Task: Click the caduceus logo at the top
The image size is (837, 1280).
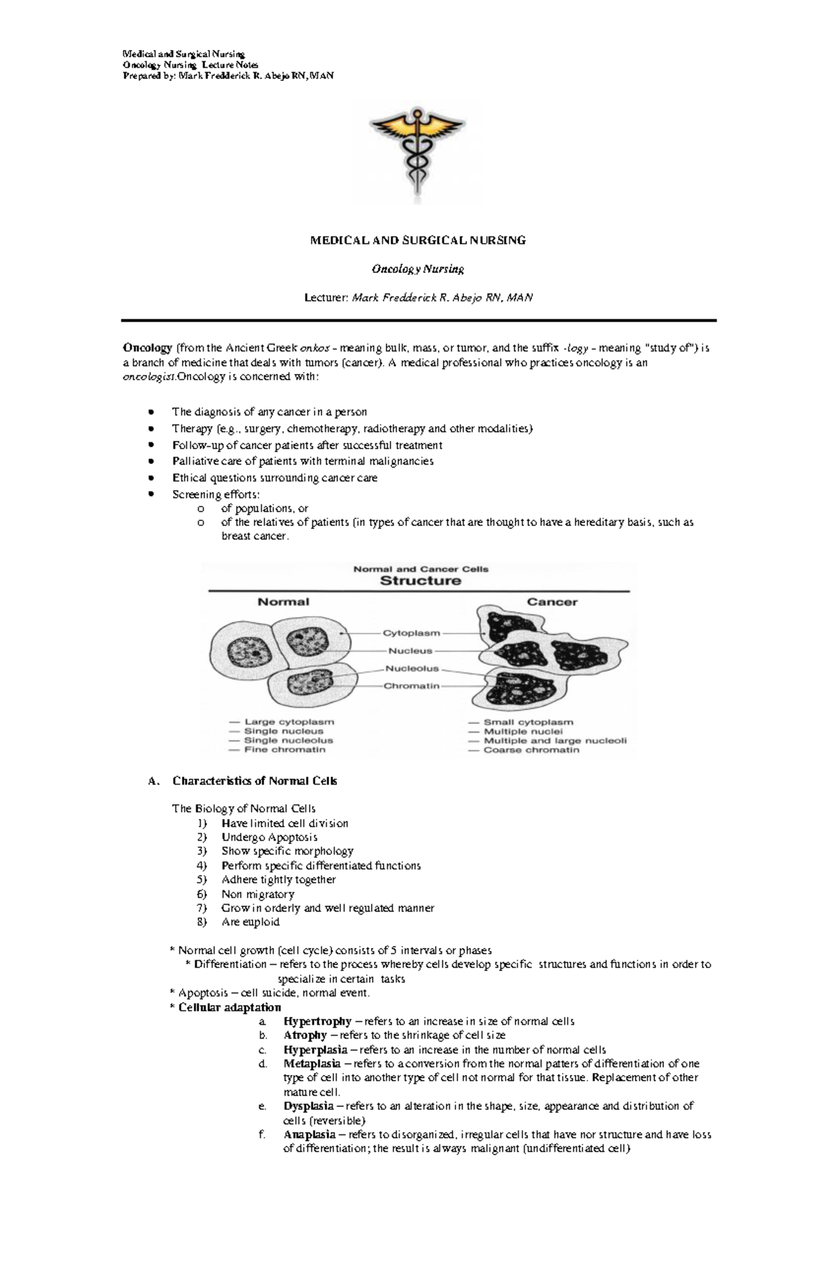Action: (x=417, y=151)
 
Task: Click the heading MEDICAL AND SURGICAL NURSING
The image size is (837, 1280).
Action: (x=418, y=240)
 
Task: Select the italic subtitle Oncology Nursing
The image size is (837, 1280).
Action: (x=418, y=269)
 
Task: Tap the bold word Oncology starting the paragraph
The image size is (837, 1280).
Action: (x=147, y=347)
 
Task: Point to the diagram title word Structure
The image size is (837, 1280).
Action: (x=420, y=580)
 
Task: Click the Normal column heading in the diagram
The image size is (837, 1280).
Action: (x=283, y=602)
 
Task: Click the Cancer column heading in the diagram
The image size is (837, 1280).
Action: (x=552, y=602)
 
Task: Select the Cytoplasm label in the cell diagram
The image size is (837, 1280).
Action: (x=412, y=633)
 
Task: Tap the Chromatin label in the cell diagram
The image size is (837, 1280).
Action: (x=412, y=686)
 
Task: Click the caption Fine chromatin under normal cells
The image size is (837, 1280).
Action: (x=285, y=750)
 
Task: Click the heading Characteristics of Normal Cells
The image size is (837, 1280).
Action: (x=255, y=781)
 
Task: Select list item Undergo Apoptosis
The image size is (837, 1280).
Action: (x=269, y=837)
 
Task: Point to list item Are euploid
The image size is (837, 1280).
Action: (x=250, y=921)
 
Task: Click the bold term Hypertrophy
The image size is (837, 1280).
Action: (x=317, y=1021)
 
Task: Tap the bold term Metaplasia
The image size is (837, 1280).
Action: (x=312, y=1064)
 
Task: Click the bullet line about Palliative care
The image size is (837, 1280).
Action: (x=303, y=461)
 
